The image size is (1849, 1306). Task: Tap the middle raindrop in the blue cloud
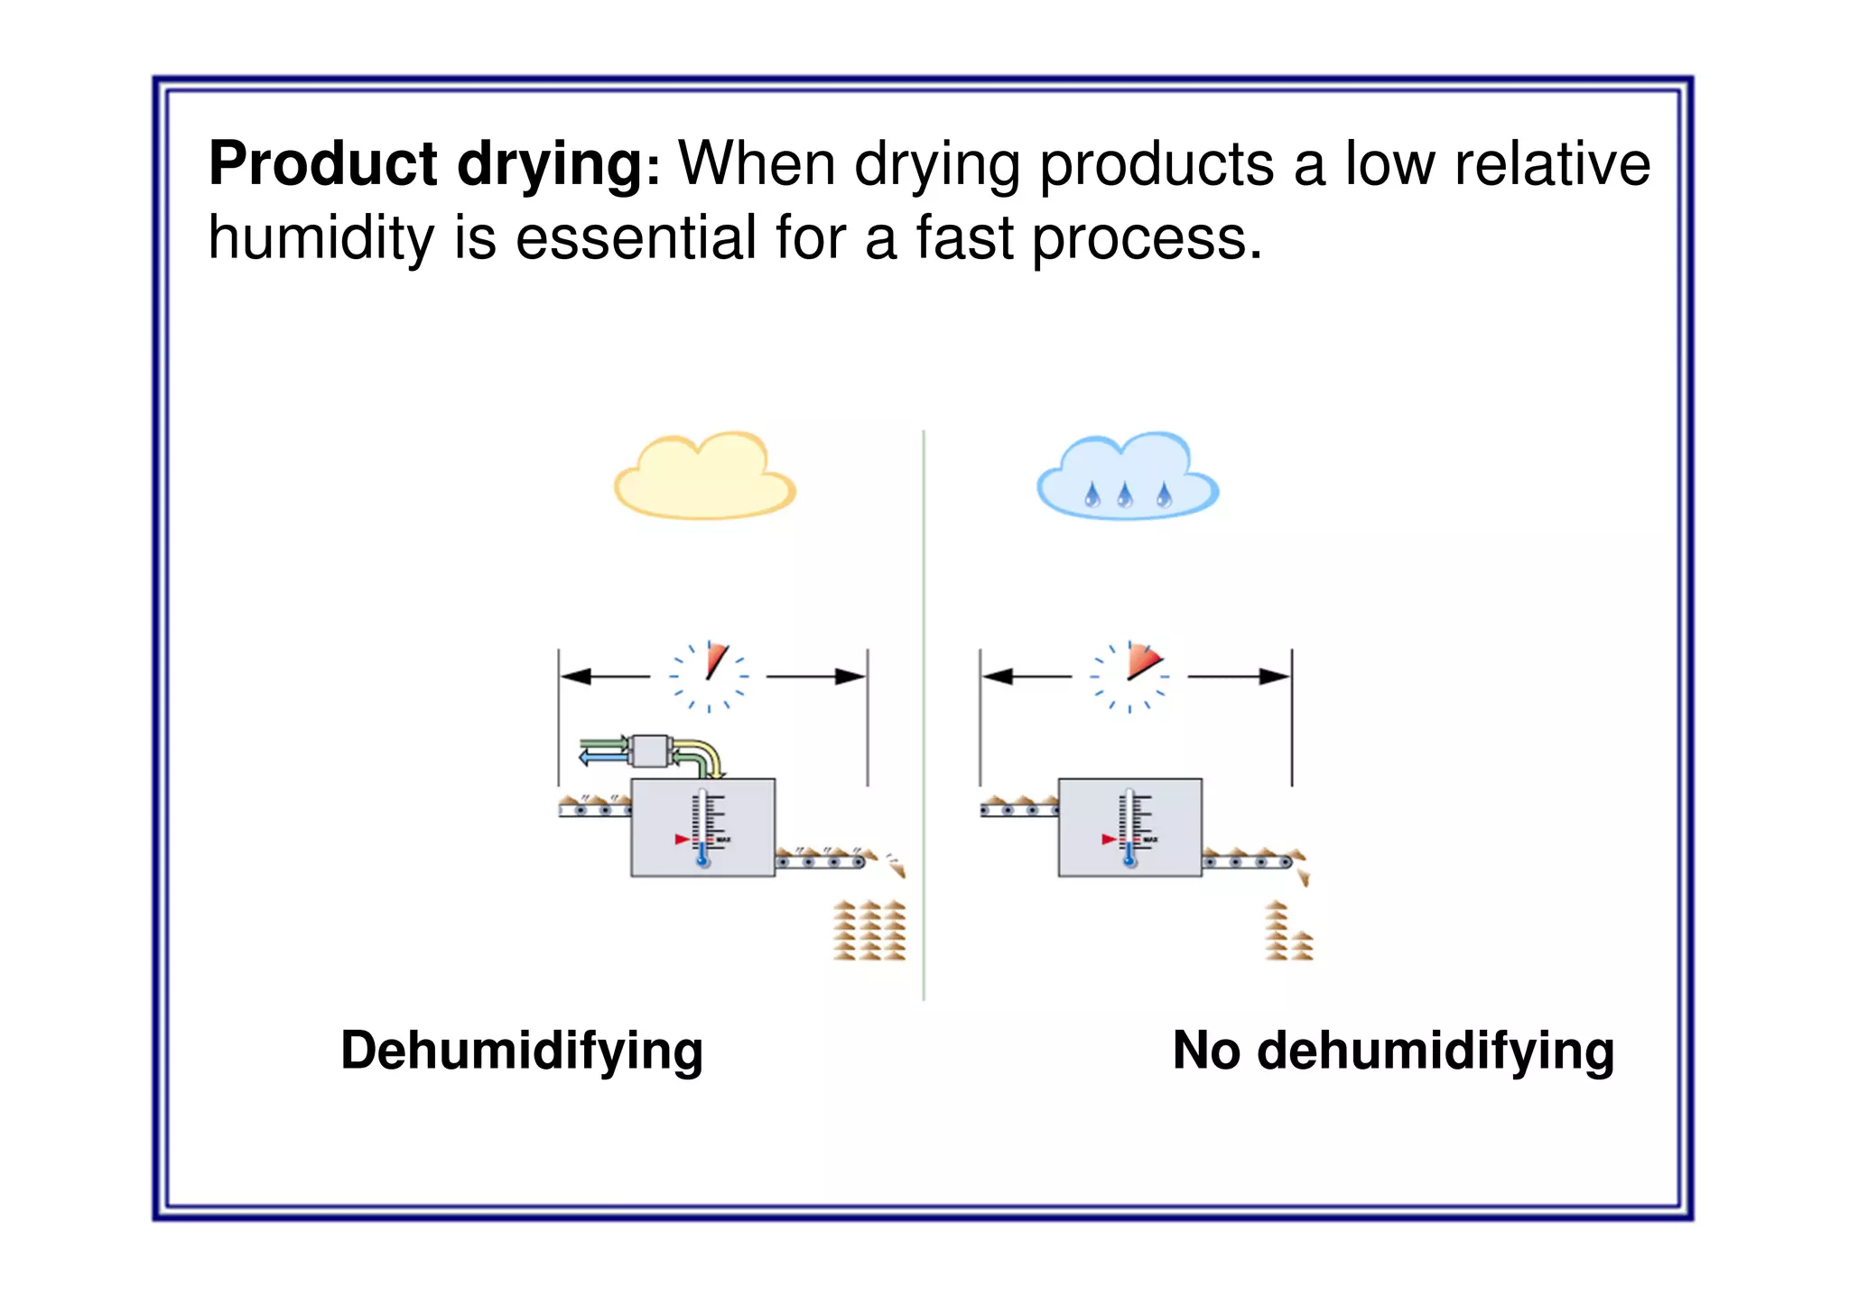coord(1125,495)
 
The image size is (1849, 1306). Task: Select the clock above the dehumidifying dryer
coord(710,676)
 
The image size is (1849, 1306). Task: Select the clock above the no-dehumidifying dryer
coord(1130,676)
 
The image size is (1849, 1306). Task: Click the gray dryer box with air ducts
coord(702,827)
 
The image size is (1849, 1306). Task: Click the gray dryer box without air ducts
coord(1129,827)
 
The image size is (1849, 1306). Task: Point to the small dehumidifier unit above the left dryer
coord(648,751)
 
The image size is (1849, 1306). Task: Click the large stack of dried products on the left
coord(869,930)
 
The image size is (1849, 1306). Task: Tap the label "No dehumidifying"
coord(1393,1051)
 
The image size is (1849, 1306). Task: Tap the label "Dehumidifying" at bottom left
coord(522,1051)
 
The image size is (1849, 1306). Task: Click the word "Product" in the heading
coord(323,164)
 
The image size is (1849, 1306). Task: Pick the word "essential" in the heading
coord(636,238)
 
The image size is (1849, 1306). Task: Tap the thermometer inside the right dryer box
coord(1129,828)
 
